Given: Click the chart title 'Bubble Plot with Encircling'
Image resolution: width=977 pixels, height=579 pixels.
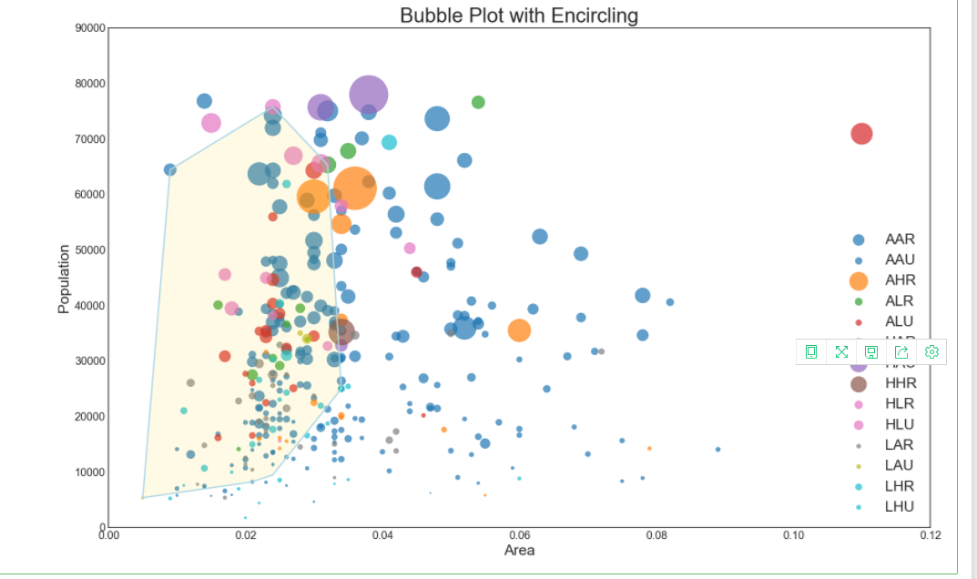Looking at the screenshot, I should click(x=519, y=15).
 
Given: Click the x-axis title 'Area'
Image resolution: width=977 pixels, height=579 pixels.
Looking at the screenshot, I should click(x=519, y=551).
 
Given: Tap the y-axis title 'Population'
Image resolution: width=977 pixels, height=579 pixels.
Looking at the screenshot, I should click(x=64, y=279).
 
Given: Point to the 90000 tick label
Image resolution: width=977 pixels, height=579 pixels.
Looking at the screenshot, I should click(x=89, y=28).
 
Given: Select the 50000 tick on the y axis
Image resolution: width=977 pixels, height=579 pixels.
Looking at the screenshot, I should click(x=89, y=250).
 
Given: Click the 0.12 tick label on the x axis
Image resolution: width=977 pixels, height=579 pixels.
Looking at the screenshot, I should click(x=930, y=534).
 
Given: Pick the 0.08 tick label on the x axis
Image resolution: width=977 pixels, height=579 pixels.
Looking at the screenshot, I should click(x=656, y=534).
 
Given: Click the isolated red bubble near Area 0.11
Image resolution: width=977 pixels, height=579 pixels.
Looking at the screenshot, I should click(x=861, y=134).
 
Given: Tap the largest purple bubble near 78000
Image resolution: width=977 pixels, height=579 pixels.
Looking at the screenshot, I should click(x=369, y=94).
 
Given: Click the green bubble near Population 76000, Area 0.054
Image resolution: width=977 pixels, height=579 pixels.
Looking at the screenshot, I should click(x=478, y=102).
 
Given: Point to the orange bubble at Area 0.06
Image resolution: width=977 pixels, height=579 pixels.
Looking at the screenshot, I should click(x=519, y=330).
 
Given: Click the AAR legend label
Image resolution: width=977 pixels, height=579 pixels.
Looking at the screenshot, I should click(x=900, y=239).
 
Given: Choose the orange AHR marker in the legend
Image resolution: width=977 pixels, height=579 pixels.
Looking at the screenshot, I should click(x=858, y=280).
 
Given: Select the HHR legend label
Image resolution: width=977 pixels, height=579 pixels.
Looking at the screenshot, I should click(x=900, y=383).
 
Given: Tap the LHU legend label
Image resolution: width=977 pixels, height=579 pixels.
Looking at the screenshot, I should click(x=900, y=506).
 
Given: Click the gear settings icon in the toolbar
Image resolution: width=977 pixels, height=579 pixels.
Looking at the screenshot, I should click(x=931, y=351).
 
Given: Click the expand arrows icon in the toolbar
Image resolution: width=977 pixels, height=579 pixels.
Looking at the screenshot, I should click(x=841, y=351).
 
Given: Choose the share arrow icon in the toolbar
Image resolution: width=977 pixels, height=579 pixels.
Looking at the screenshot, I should click(x=901, y=351).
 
